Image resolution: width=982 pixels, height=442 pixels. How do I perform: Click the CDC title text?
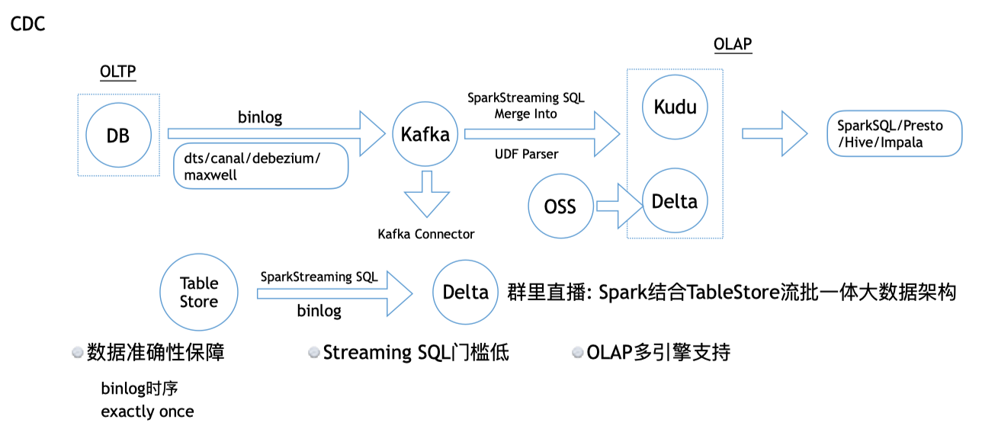point(27,24)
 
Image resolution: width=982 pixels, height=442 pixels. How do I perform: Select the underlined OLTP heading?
point(117,72)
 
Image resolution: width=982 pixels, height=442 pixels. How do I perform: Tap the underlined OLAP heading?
point(732,44)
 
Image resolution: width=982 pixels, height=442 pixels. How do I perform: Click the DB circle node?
point(117,136)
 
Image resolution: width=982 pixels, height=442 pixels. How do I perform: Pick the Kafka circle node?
point(425,135)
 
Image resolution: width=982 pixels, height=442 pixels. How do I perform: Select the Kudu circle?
point(675,107)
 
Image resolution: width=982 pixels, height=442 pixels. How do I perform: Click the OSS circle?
point(560,207)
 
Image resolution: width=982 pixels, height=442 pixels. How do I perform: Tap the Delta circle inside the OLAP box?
point(675,201)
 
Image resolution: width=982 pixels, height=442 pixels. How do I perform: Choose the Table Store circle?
point(198,293)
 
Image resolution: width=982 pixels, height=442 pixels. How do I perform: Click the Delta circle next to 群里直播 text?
point(465,293)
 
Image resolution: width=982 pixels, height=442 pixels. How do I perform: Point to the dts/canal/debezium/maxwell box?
point(261,166)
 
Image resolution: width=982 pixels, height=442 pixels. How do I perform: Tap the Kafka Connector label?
point(425,234)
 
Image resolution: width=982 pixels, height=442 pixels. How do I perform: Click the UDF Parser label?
point(526,155)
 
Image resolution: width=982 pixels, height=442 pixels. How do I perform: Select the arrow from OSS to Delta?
point(619,207)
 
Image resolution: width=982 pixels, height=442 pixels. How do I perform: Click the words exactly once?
point(147,412)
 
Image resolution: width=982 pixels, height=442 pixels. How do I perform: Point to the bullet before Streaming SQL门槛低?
point(313,353)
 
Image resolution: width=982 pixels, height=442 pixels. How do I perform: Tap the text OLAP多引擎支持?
point(659,353)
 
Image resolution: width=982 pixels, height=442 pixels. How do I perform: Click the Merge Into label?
point(525,114)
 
